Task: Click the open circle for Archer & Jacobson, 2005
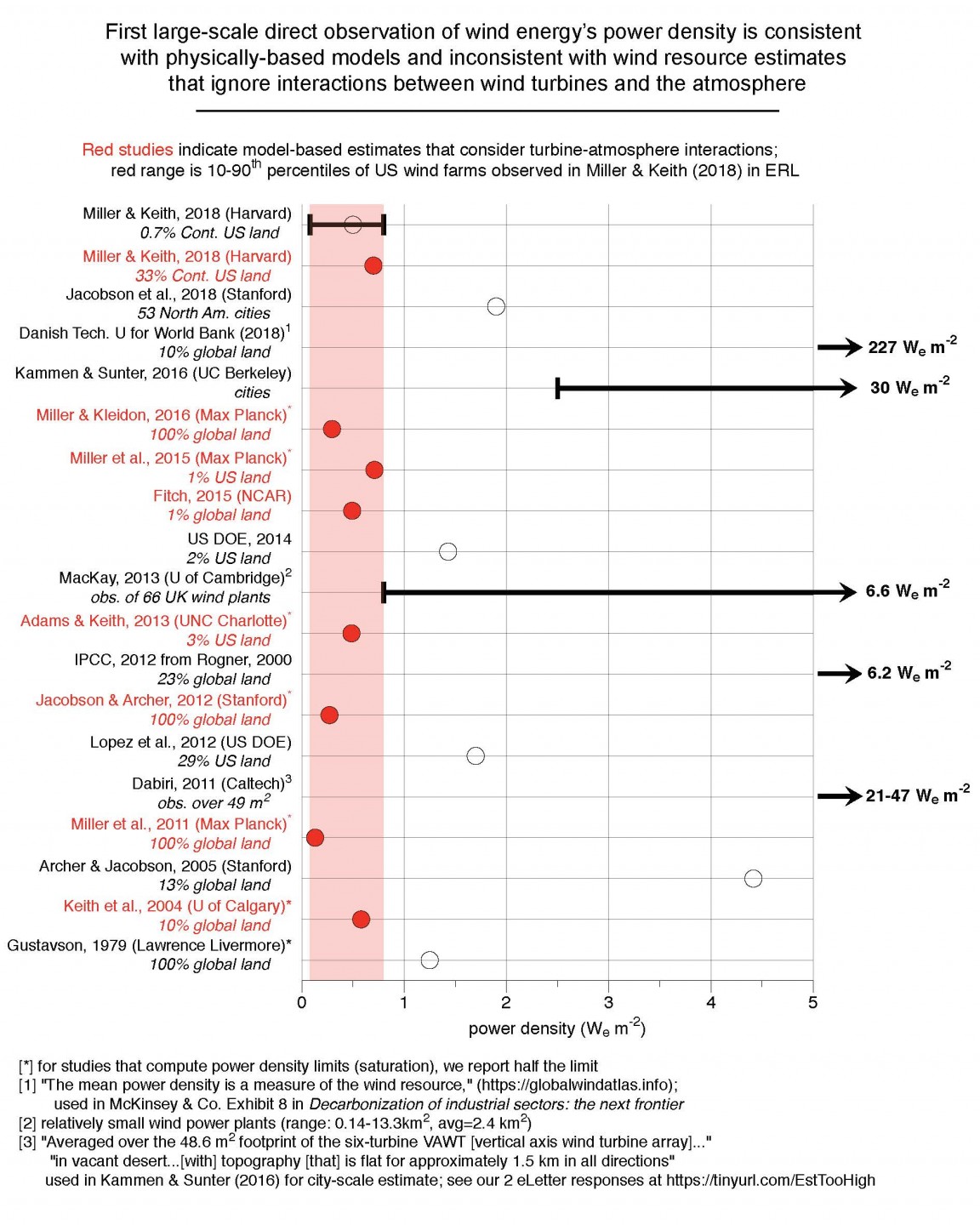pyautogui.click(x=753, y=878)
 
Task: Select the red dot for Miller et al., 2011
pyautogui.click(x=315, y=838)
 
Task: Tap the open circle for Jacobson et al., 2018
pyautogui.click(x=496, y=306)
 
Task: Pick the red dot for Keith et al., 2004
pyautogui.click(x=361, y=919)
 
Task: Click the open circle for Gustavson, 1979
pyautogui.click(x=430, y=960)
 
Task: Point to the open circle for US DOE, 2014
pyautogui.click(x=447, y=551)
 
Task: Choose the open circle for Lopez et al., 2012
pyautogui.click(x=476, y=755)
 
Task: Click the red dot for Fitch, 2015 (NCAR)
pyautogui.click(x=352, y=510)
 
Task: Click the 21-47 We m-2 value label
pyautogui.click(x=917, y=795)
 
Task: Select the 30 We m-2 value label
pyautogui.click(x=909, y=387)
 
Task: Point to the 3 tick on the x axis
pyautogui.click(x=609, y=1002)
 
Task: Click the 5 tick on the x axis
pyautogui.click(x=813, y=1002)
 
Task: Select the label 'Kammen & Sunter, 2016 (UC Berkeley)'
pyautogui.click(x=153, y=373)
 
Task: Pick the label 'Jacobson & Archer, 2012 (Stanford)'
pyautogui.click(x=162, y=700)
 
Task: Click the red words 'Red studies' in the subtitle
pyautogui.click(x=128, y=150)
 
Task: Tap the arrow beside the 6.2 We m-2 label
pyautogui.click(x=839, y=674)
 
